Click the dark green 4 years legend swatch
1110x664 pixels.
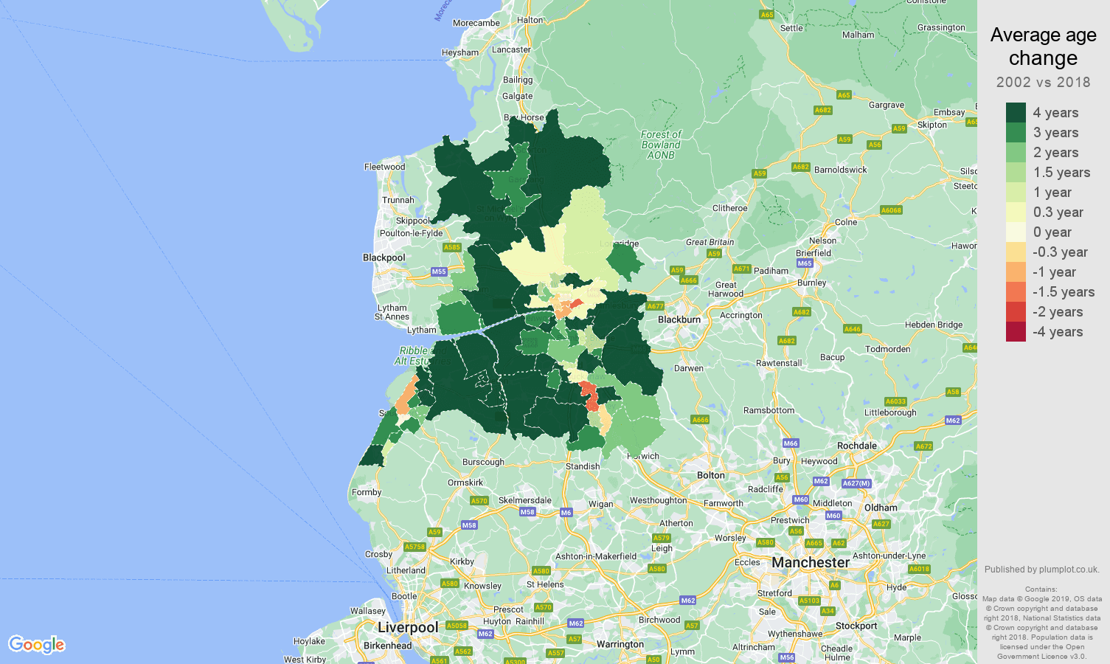1016,112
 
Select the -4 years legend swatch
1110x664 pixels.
1016,332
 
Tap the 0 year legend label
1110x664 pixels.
1052,232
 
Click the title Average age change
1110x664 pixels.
1043,46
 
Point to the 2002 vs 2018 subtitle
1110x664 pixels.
1043,82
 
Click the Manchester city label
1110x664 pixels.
811,563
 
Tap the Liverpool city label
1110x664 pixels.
408,627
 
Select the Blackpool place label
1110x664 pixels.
384,257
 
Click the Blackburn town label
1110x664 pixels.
679,319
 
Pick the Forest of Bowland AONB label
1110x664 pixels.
661,145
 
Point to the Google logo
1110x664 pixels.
37,644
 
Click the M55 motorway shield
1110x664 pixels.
439,272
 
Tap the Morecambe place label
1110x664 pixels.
476,23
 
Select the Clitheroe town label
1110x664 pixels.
729,208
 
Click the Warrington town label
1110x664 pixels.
620,644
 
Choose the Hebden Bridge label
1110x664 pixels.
934,325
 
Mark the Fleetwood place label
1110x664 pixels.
384,167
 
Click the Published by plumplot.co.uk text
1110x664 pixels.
1041,570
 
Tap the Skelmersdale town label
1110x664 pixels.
524,500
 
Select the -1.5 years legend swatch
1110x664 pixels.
1016,292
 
